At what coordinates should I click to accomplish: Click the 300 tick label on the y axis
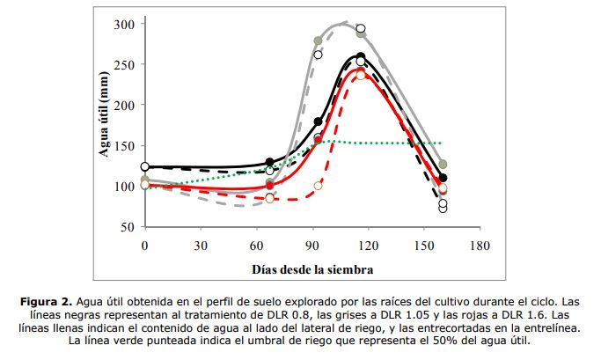[127, 24]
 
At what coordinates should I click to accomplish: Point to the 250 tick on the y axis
[127, 64]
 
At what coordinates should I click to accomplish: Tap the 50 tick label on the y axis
[129, 227]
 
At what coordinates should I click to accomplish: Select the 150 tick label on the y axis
[127, 146]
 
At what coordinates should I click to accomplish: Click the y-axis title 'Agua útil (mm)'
[103, 125]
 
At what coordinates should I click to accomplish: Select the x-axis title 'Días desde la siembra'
[311, 267]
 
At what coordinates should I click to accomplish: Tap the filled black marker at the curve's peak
[361, 57]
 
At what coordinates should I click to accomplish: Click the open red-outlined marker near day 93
[319, 186]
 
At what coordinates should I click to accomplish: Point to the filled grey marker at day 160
[443, 164]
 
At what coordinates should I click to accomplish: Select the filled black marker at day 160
[443, 178]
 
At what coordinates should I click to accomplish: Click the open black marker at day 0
[145, 166]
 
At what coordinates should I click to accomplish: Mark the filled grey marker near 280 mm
[319, 40]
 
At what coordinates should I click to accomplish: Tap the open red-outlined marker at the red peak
[361, 75]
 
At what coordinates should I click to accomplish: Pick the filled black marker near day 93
[319, 121]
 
